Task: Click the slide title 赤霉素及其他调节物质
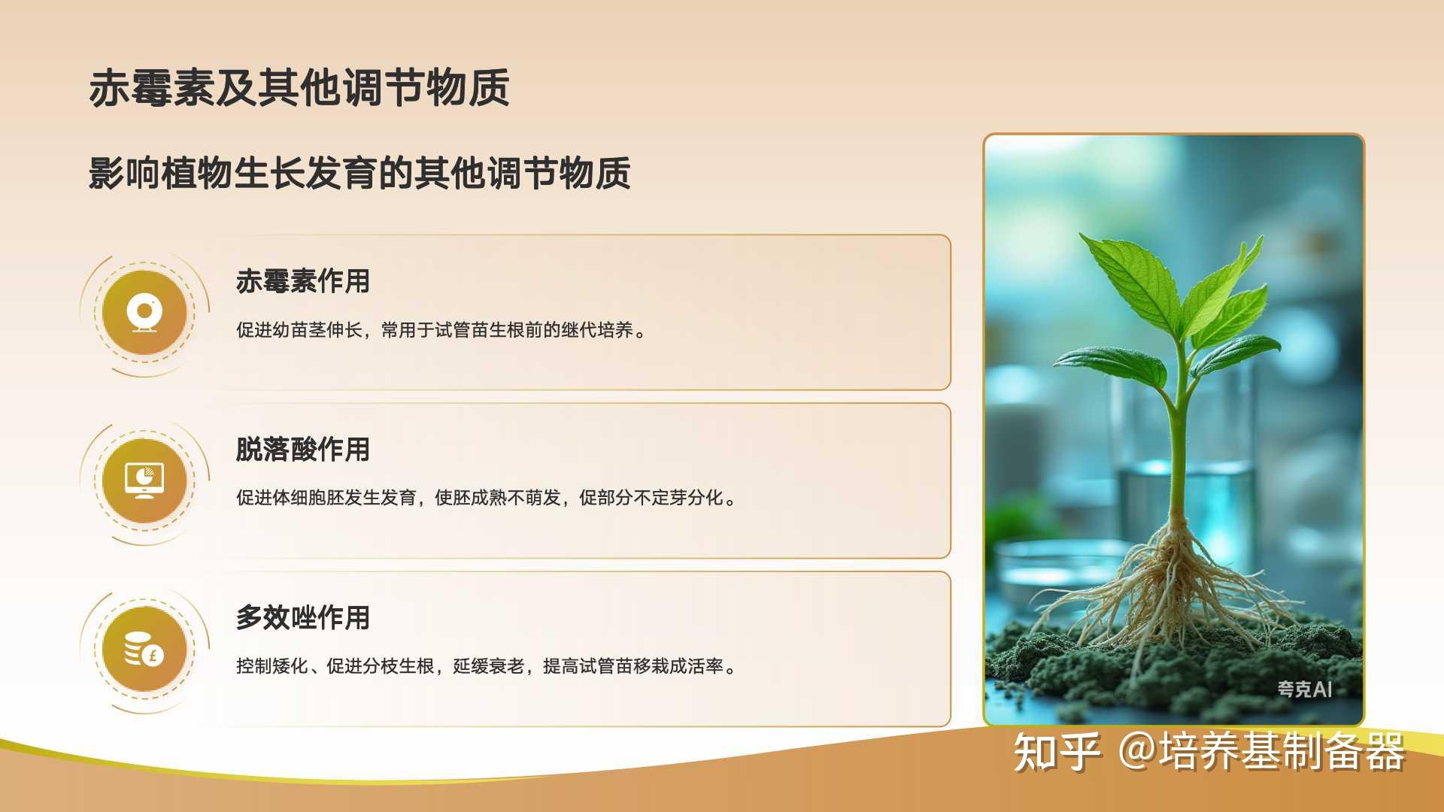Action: tap(299, 87)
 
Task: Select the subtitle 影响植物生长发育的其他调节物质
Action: tap(359, 173)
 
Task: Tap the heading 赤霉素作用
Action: tap(303, 281)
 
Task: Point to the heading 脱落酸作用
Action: tap(303, 450)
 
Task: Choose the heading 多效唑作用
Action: tap(303, 618)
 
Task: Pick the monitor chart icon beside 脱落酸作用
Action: tap(144, 480)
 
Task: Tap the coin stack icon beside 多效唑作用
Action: tap(144, 649)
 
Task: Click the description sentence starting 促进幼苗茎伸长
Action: tap(442, 330)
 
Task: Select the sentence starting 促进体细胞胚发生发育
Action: tap(487, 498)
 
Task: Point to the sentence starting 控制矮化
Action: tap(487, 666)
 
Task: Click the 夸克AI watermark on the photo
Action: tap(1304, 689)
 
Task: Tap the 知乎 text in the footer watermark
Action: tap(1057, 751)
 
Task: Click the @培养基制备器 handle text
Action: tap(1261, 751)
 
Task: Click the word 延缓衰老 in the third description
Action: tap(489, 666)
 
